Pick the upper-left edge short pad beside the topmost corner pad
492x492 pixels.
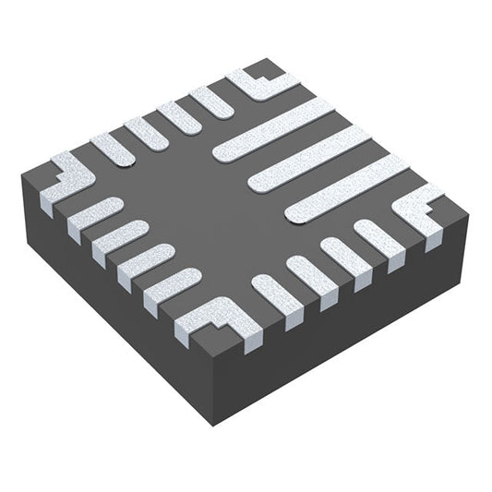(x=211, y=101)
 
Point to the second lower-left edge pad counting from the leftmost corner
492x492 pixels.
(x=119, y=237)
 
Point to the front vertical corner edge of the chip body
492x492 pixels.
(x=215, y=388)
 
